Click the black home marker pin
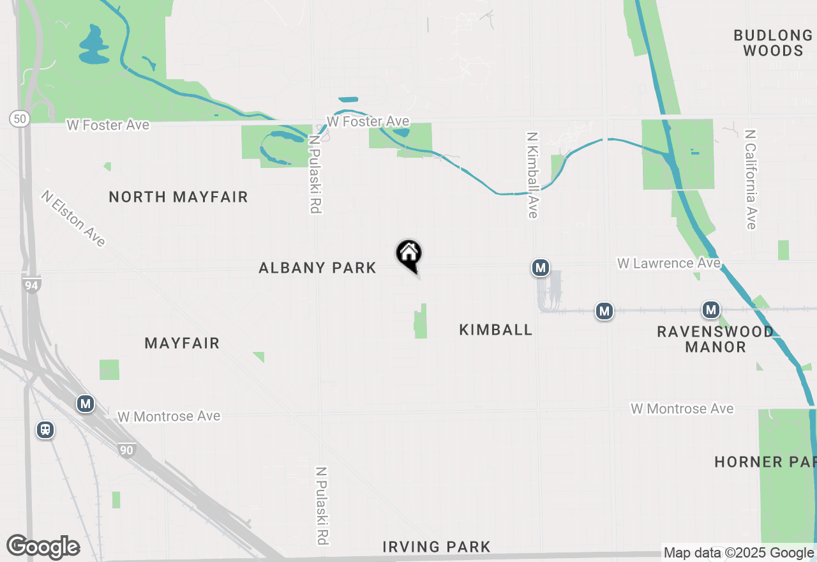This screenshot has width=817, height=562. pyautogui.click(x=409, y=254)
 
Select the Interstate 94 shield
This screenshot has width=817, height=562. pyautogui.click(x=31, y=285)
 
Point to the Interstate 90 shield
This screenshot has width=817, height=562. pyautogui.click(x=126, y=450)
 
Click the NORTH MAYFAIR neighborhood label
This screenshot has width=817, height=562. pyautogui.click(x=178, y=197)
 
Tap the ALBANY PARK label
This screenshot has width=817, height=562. pyautogui.click(x=317, y=268)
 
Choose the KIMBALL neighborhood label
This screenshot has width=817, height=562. pyautogui.click(x=495, y=330)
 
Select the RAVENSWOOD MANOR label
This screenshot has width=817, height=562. pyautogui.click(x=715, y=339)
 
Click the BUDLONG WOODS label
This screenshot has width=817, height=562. pyautogui.click(x=773, y=43)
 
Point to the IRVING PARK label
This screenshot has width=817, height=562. pyautogui.click(x=437, y=547)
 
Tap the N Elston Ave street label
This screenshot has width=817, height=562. pyautogui.click(x=73, y=218)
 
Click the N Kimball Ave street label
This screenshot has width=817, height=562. pyautogui.click(x=532, y=175)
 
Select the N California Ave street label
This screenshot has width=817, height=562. pyautogui.click(x=751, y=179)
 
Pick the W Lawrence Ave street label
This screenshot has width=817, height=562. pyautogui.click(x=668, y=263)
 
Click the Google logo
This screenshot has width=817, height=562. pyautogui.click(x=43, y=547)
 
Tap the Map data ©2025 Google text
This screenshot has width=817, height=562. pyautogui.click(x=738, y=553)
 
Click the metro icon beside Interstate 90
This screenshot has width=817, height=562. pyautogui.click(x=85, y=404)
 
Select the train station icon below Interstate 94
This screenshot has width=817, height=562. pyautogui.click(x=45, y=429)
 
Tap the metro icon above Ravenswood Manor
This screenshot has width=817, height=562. pyautogui.click(x=710, y=310)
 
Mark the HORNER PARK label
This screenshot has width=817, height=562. pyautogui.click(x=765, y=462)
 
